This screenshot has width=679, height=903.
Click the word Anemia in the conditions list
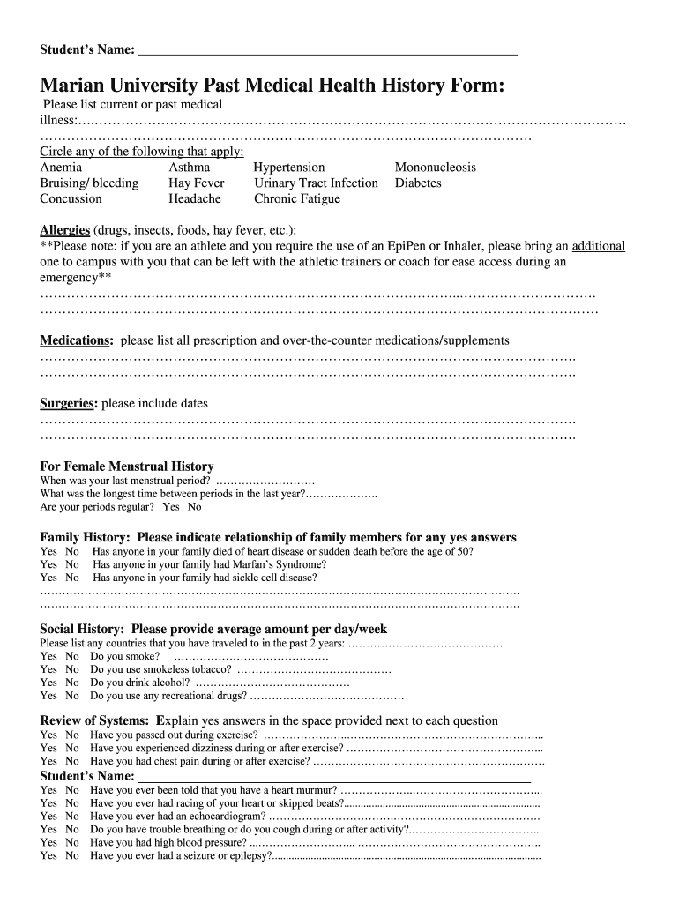(x=61, y=168)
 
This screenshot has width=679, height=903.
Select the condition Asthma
(x=190, y=168)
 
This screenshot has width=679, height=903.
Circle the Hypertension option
(x=289, y=168)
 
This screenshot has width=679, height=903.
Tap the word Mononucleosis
(x=435, y=168)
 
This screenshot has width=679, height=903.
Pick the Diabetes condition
(x=418, y=183)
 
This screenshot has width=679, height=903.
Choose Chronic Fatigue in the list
(x=297, y=199)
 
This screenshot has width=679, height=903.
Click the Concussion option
(x=71, y=199)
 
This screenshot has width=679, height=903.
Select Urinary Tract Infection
(x=316, y=183)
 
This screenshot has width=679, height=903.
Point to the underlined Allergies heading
(x=65, y=231)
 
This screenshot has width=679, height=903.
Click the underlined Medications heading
(x=76, y=340)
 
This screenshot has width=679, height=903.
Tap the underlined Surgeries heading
(x=68, y=404)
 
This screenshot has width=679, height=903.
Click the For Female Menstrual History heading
(x=127, y=466)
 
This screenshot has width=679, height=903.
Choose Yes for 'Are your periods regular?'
(x=170, y=507)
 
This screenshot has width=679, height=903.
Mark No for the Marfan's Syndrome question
(x=71, y=564)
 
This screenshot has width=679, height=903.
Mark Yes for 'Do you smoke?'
(x=48, y=656)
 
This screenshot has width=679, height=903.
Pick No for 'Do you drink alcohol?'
(x=71, y=683)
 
